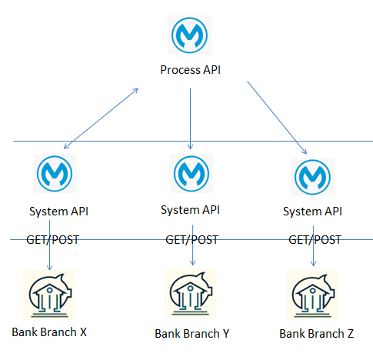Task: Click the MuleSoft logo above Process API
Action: click(x=189, y=35)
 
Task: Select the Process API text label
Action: click(x=190, y=70)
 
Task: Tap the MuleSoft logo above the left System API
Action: click(x=55, y=173)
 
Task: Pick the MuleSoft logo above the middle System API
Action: click(x=191, y=173)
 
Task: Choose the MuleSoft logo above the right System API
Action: click(x=312, y=177)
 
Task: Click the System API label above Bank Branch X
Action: click(x=58, y=212)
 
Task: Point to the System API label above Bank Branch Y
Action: click(x=190, y=210)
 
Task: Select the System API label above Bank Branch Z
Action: click(x=312, y=212)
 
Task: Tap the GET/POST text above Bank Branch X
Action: click(x=52, y=240)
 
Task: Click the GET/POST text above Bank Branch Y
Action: click(x=192, y=240)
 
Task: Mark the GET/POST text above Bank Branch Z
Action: click(x=315, y=240)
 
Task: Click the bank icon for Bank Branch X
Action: click(x=49, y=295)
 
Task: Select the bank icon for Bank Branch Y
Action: click(x=190, y=293)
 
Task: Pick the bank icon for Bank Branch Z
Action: click(x=312, y=295)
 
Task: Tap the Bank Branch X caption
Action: click(x=49, y=332)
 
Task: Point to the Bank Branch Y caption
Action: click(x=192, y=334)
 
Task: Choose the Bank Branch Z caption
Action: click(x=317, y=334)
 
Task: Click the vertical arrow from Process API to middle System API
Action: click(x=190, y=118)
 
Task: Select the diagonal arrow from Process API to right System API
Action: click(x=277, y=118)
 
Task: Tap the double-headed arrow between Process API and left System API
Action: click(x=101, y=118)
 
